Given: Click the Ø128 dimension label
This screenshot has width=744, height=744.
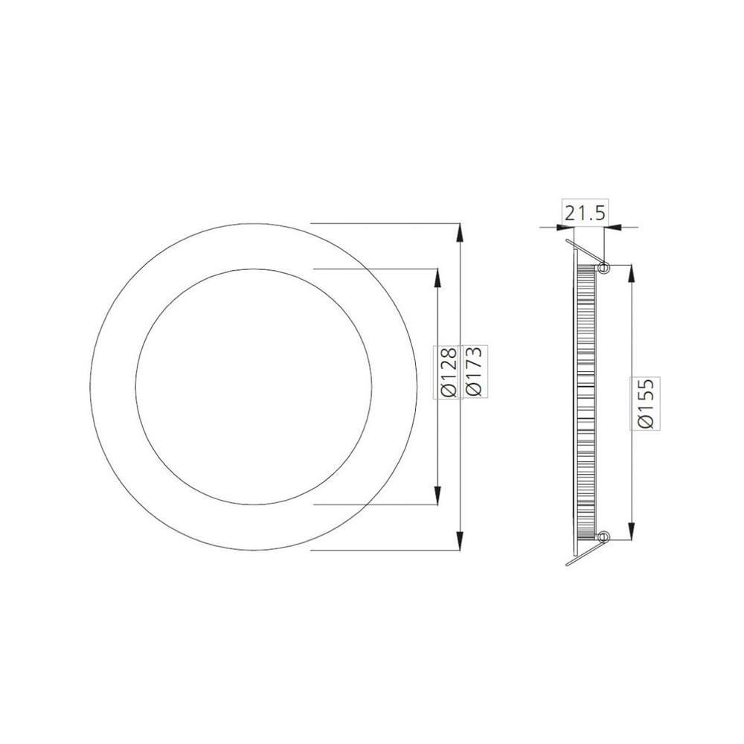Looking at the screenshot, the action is pyautogui.click(x=449, y=372).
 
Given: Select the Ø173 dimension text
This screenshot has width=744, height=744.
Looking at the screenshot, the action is pyautogui.click(x=474, y=372).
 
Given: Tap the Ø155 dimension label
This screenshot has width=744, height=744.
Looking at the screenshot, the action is pyautogui.click(x=646, y=403).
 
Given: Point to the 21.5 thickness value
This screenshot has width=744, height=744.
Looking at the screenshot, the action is pyautogui.click(x=585, y=214).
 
